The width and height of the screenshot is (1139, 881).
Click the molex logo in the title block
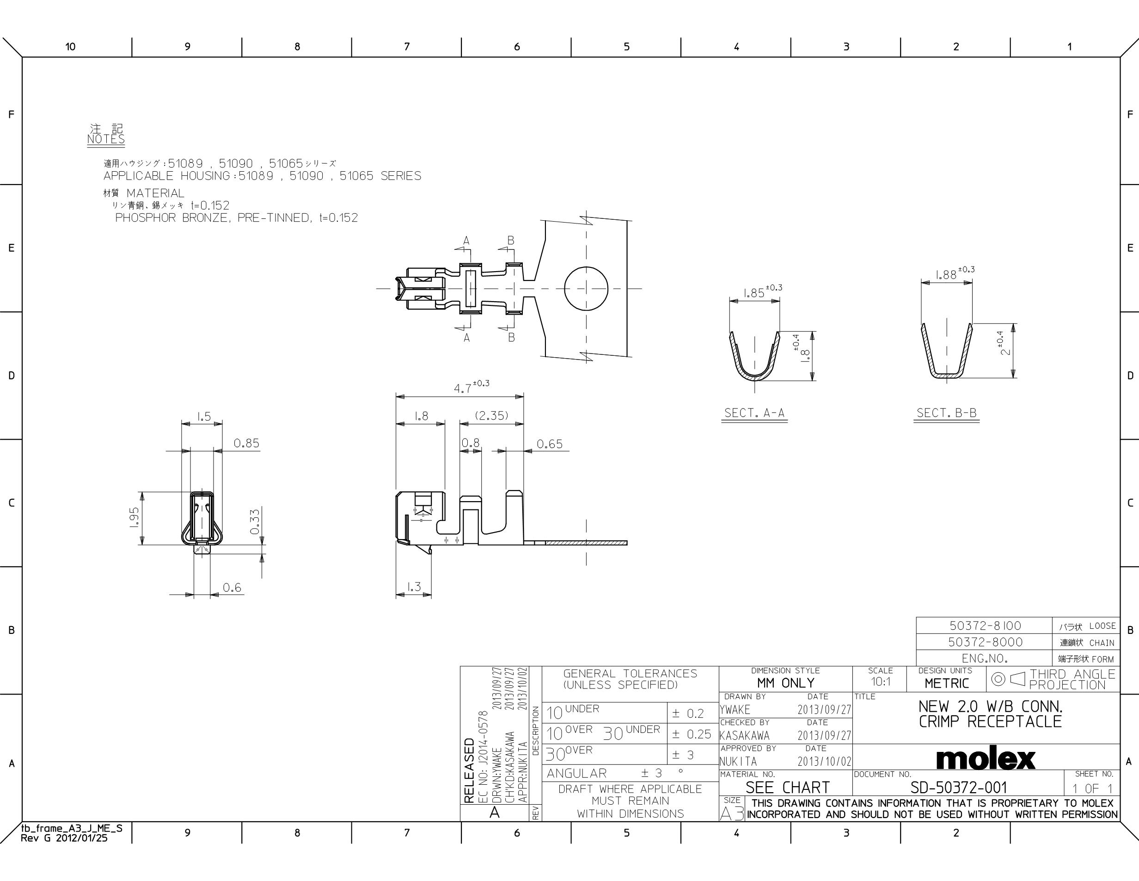point(985,759)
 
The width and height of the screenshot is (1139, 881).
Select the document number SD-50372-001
point(959,788)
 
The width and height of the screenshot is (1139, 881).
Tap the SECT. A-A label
point(754,413)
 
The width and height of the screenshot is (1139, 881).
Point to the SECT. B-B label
point(947,413)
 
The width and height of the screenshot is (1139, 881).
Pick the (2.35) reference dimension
point(491,416)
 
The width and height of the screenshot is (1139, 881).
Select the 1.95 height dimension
point(134,518)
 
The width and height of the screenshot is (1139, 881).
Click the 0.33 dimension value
point(255,521)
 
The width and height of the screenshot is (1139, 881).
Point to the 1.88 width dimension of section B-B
point(955,273)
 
